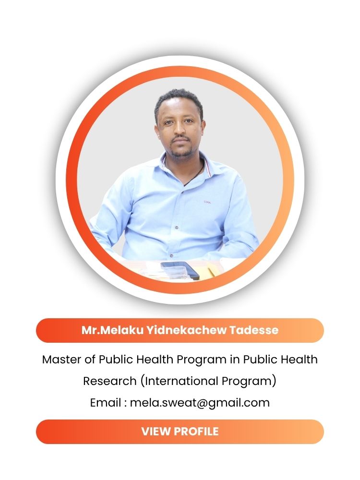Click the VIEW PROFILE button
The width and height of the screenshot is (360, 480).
click(180, 432)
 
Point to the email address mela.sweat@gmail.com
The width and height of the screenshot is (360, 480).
click(200, 403)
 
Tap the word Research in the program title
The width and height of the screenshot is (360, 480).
click(109, 381)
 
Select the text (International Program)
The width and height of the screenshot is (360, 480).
click(208, 382)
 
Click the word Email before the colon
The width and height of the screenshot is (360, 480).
click(106, 403)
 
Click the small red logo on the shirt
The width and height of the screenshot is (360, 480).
click(207, 202)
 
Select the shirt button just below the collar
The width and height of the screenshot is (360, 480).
click(183, 192)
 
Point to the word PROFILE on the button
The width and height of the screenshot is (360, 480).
click(197, 432)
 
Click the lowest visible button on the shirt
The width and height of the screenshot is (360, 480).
click(171, 256)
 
